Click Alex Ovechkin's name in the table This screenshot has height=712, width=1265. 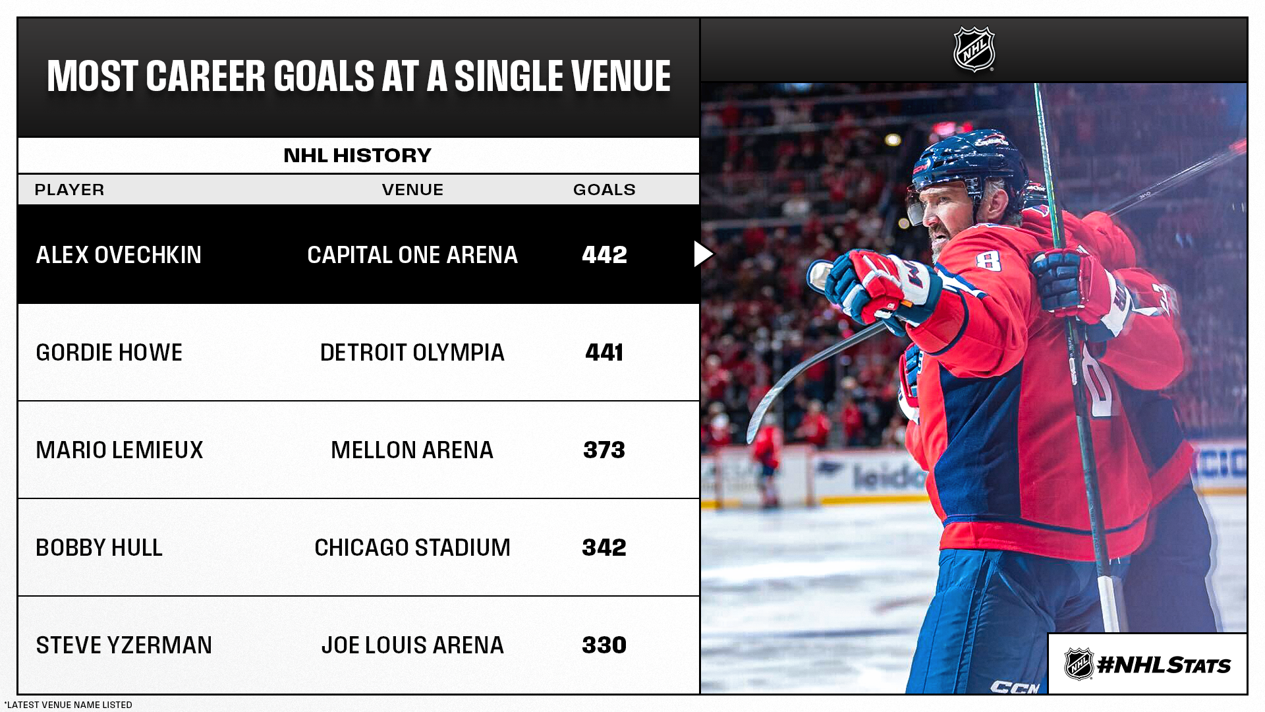point(119,255)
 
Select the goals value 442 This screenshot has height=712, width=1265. point(604,255)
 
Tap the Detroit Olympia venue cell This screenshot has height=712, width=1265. point(412,353)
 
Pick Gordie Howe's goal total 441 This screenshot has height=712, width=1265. point(604,353)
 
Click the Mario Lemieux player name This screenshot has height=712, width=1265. point(119,450)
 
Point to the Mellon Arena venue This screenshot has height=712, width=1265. point(412,450)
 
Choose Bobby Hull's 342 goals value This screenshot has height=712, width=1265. point(604,548)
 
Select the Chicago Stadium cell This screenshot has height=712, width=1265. point(412,548)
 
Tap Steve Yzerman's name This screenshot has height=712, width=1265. point(124,645)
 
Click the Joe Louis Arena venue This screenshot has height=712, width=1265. point(412,645)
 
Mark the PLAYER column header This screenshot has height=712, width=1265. point(69,190)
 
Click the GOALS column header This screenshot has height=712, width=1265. point(604,190)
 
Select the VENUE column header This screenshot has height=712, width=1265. point(412,190)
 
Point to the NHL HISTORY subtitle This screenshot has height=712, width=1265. point(358,156)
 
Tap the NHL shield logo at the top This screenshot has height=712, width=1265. point(974,49)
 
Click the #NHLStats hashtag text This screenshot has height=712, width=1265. point(1164,665)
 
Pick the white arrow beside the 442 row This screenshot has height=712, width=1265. point(703,254)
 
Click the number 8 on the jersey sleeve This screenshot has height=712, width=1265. point(988,260)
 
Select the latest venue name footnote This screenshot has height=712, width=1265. point(69,705)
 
